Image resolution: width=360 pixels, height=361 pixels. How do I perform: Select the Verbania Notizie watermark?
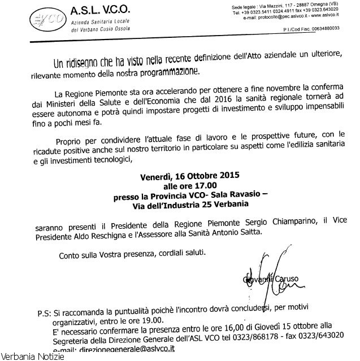coord(32,356)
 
